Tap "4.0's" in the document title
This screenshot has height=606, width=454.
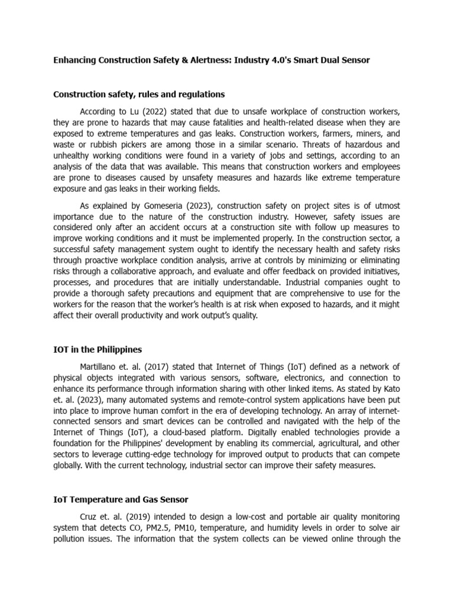(291, 60)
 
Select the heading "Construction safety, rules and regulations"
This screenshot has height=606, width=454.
(138, 94)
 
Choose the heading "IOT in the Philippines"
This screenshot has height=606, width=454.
(98, 350)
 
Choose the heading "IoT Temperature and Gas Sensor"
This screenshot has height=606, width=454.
(121, 499)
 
